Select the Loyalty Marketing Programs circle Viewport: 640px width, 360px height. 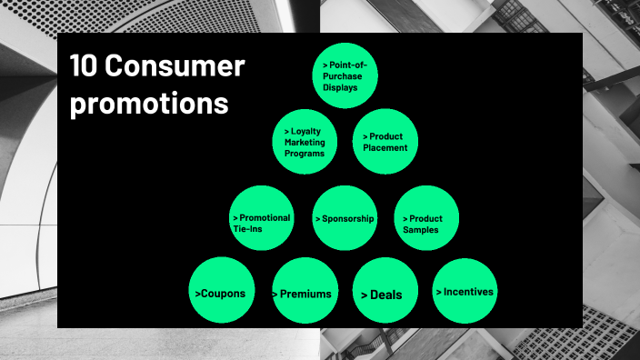305,142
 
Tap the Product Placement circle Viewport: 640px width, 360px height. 385,142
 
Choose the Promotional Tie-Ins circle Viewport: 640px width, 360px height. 262,218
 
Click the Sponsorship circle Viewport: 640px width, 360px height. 345,218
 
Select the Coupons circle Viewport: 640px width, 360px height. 220,292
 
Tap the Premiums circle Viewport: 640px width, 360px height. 305,292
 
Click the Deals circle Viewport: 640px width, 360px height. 385,292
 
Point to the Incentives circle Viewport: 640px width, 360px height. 465,292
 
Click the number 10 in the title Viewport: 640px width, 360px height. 84,66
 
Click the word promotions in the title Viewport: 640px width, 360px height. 149,104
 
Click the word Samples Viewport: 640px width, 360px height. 421,230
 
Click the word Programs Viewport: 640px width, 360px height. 304,154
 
